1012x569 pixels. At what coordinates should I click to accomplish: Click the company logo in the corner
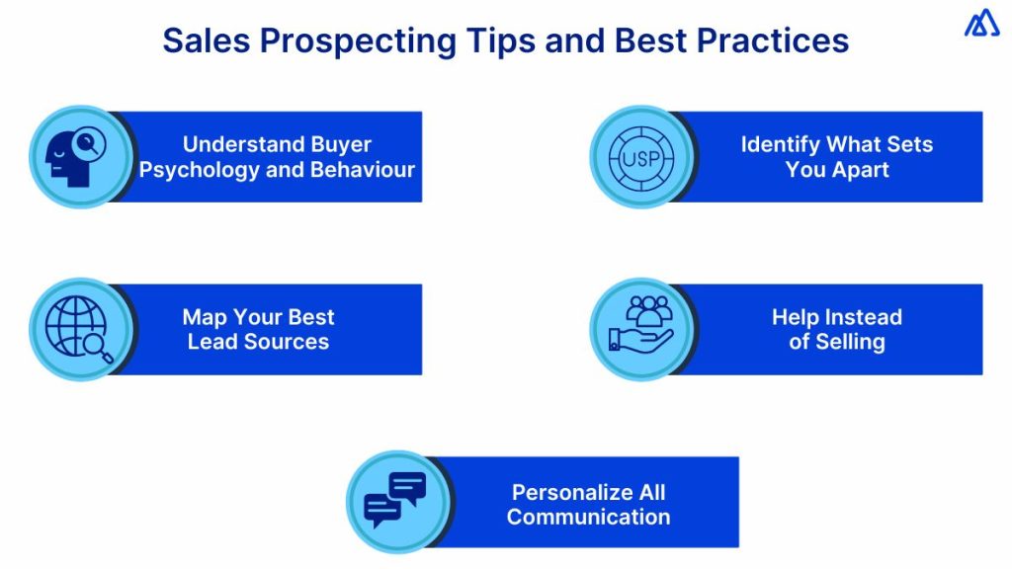pos(981,23)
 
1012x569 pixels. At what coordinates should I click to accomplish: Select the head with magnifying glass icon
pos(80,156)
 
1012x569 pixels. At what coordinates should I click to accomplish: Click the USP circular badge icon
pos(641,156)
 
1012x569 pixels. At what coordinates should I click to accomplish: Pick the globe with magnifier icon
pos(80,329)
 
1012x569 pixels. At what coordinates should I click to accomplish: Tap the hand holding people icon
pos(641,329)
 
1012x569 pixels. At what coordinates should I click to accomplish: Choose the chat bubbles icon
pos(395,501)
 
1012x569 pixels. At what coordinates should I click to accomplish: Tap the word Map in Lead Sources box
pos(205,317)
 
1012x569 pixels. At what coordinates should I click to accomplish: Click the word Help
pos(797,317)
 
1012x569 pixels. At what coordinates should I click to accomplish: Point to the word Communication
pos(588,517)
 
